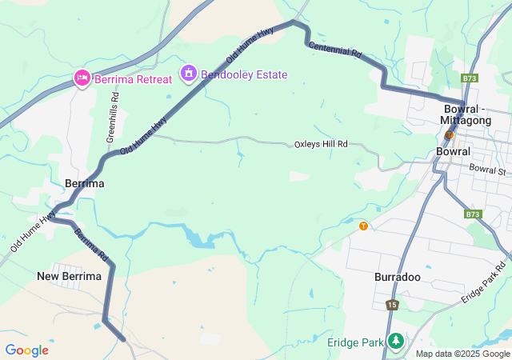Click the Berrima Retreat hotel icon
click(x=82, y=78)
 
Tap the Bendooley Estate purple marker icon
click(x=188, y=74)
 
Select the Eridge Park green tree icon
click(x=395, y=342)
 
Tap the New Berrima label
click(x=70, y=276)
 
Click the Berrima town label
click(x=85, y=183)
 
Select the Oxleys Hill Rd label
click(x=321, y=144)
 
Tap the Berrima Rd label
click(x=91, y=246)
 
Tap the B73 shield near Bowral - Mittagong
click(x=470, y=78)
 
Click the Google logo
click(x=26, y=350)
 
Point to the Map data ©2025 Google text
click(x=462, y=354)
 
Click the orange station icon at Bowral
click(x=450, y=134)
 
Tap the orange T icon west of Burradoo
click(x=364, y=226)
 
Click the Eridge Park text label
click(x=356, y=342)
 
